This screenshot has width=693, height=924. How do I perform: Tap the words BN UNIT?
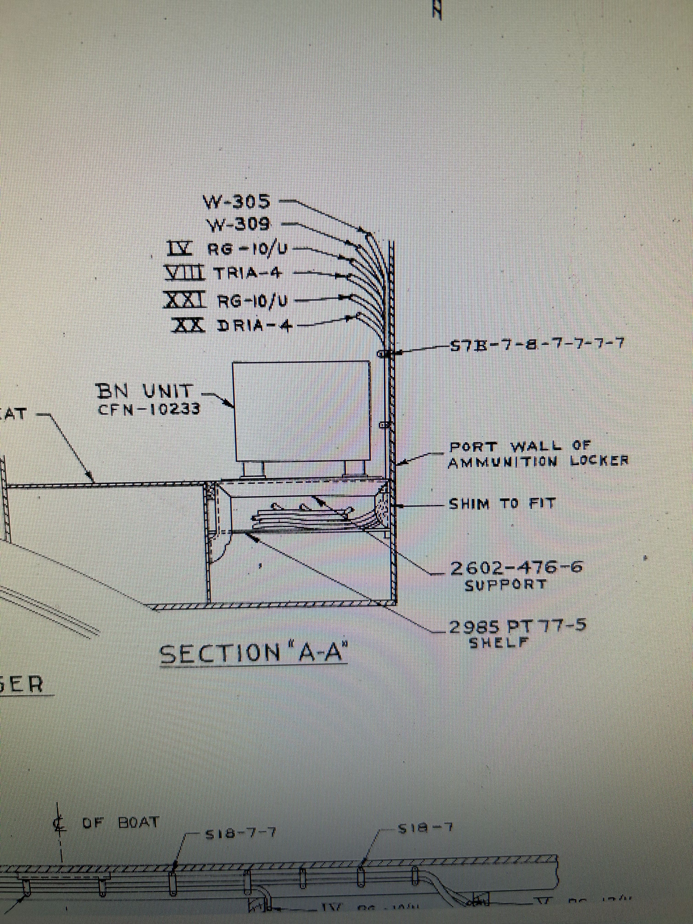click(145, 391)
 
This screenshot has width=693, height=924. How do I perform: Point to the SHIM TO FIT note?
click(501, 504)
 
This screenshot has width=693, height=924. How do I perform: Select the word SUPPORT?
click(505, 585)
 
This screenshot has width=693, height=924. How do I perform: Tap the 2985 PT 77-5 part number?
click(517, 627)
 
